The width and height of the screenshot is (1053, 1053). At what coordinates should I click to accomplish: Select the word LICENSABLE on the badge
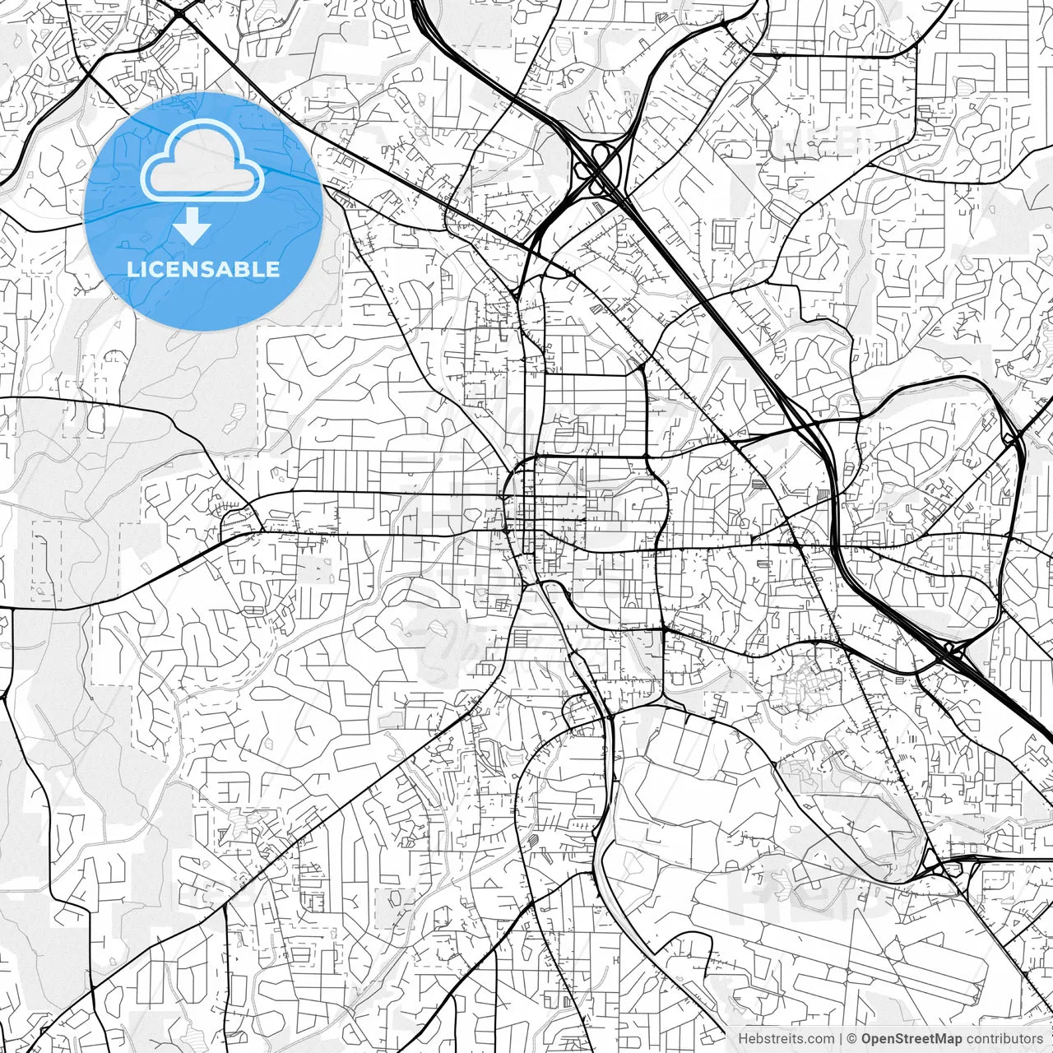(202, 269)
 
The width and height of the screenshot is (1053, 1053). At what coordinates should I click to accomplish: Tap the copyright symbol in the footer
(852, 1038)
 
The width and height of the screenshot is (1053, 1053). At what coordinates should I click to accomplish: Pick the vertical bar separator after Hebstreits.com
(840, 1038)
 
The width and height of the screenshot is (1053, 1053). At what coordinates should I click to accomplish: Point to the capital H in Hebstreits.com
(743, 1038)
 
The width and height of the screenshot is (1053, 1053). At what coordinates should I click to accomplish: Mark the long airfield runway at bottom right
(831, 946)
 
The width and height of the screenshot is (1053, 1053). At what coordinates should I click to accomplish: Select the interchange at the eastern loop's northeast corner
(1011, 437)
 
